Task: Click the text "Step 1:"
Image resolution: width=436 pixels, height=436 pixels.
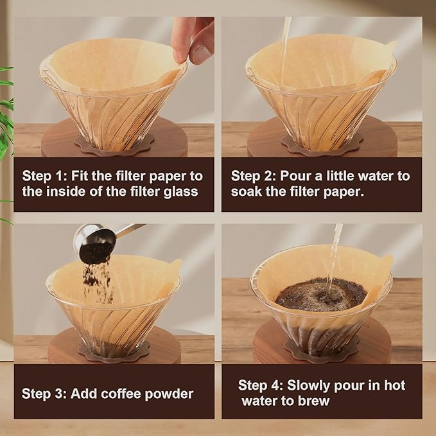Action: point(44,176)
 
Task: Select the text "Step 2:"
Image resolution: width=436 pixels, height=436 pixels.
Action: point(253,176)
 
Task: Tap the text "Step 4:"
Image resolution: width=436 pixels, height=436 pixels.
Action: point(260,385)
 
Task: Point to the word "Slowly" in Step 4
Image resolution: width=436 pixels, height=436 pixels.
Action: point(309,385)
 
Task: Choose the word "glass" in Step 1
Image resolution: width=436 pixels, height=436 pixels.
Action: point(182,191)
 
